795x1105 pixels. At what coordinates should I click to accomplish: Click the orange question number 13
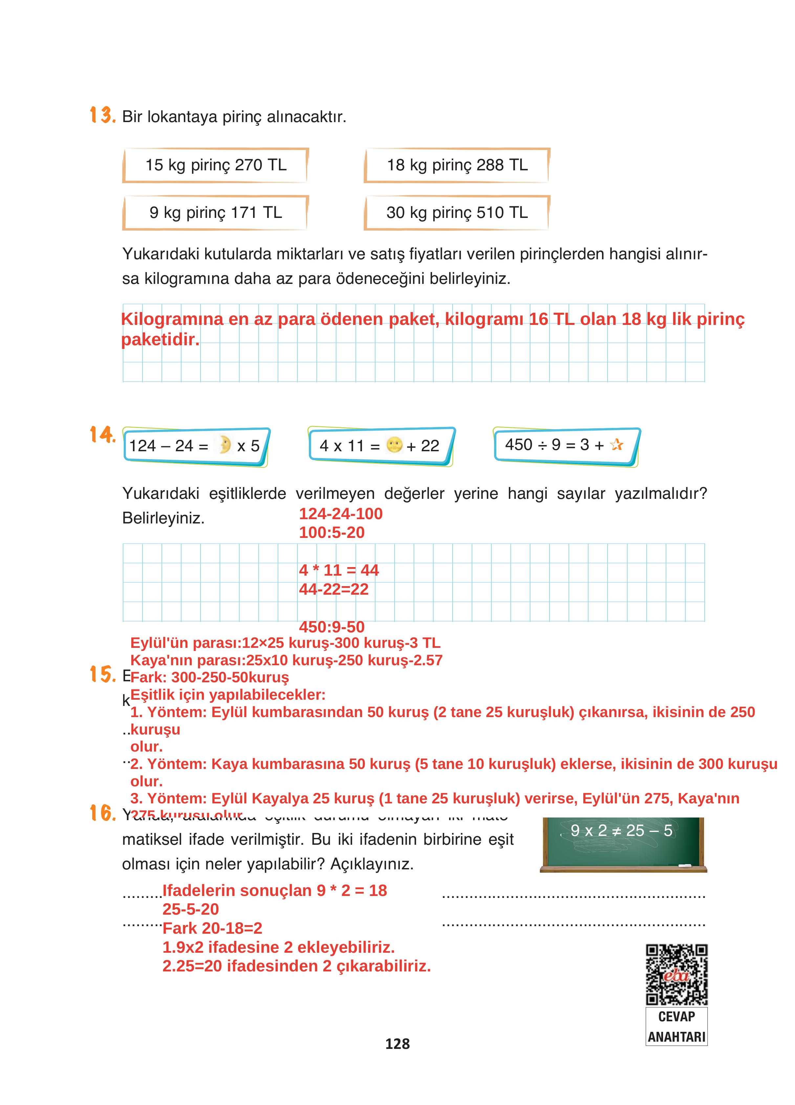pos(102,116)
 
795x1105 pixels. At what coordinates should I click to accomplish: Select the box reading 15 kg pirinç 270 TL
pos(215,165)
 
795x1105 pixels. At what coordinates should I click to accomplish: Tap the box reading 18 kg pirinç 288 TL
pos(457,165)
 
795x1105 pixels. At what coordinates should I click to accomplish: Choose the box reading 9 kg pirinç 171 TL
pos(215,212)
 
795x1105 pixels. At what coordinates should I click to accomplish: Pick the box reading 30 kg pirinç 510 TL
pos(457,212)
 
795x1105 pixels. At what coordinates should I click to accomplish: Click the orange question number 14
pos(102,434)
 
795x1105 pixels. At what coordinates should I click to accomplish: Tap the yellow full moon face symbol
pos(394,445)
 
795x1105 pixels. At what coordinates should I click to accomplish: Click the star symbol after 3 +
pos(616,444)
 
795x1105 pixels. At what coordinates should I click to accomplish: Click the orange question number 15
pos(102,674)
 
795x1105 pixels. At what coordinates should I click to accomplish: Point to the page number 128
pos(397,1044)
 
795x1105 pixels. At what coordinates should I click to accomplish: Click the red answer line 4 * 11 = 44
pos(339,570)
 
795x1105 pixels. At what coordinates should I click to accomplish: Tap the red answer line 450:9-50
pos(332,627)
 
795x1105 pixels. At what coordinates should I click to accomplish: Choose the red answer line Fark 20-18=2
pos(212,928)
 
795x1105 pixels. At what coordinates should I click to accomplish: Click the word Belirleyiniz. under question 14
pos(163,518)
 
